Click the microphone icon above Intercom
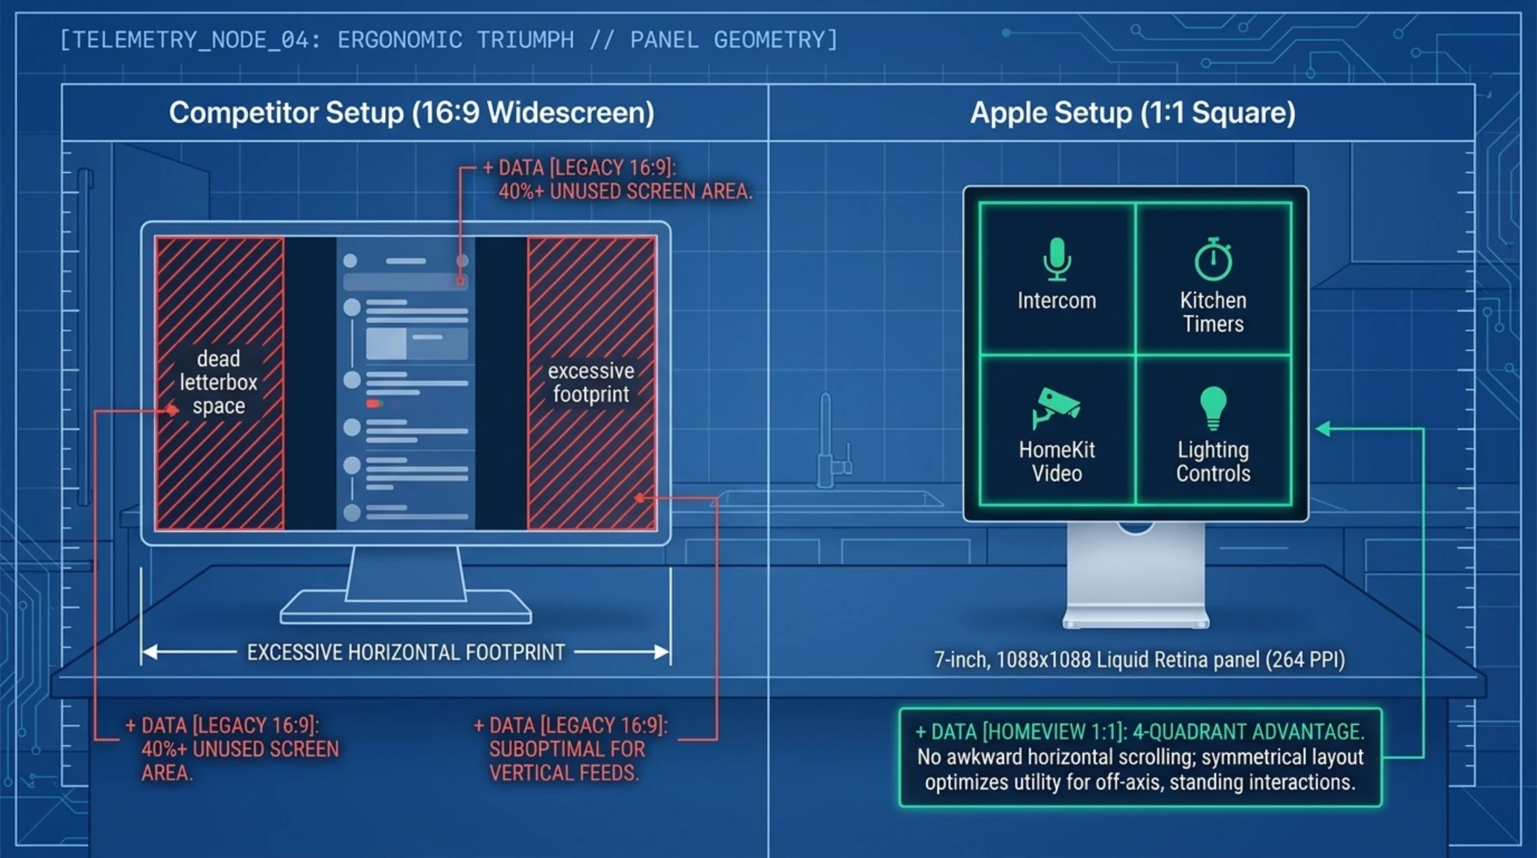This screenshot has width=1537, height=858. point(1057,259)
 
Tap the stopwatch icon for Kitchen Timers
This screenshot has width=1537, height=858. point(1213,259)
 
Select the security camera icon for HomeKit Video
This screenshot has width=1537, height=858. point(1056,407)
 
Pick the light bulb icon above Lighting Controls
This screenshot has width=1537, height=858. point(1213,408)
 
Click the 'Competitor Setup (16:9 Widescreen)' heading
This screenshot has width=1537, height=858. point(412,112)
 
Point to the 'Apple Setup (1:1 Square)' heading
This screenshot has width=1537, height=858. point(1133,112)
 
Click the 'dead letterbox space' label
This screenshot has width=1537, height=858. point(218,382)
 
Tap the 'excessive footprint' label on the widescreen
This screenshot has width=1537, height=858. point(591,382)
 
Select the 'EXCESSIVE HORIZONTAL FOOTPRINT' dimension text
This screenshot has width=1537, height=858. point(406,652)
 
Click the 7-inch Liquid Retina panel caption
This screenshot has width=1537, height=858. point(1139,659)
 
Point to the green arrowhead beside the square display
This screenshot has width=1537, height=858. point(1323,428)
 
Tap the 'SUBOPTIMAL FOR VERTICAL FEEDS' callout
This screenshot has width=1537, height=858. point(570,749)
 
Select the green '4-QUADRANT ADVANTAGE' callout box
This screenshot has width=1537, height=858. point(1140,757)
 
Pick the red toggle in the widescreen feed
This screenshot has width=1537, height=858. point(374,404)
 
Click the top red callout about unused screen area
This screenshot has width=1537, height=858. point(617,179)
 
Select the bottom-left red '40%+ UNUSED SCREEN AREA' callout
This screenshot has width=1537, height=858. point(232,749)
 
